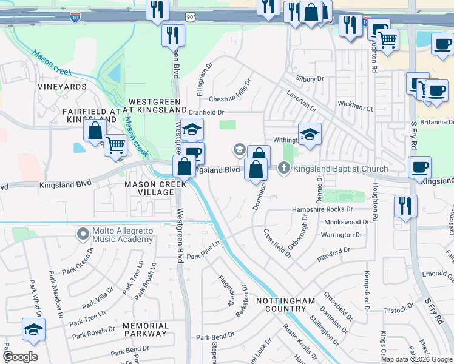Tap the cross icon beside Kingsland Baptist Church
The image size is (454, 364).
pos(284,168)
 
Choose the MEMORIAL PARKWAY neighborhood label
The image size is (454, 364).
pos(146,329)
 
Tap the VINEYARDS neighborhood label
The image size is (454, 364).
pos(62,87)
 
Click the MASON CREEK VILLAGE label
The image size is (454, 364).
pos(149,188)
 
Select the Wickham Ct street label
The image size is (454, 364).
pos(355,106)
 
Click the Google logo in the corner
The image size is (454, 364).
pos(20,357)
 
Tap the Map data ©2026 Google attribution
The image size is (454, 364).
pos(416,359)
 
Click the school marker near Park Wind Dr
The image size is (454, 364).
pos(33,329)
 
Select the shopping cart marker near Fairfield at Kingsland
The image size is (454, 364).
pos(115,145)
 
